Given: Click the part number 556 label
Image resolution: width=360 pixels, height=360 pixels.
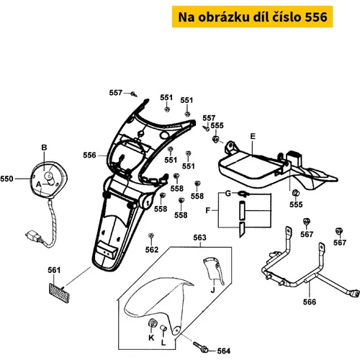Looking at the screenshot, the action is point(89,156).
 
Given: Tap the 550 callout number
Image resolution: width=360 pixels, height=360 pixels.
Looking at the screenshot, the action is point(6,179).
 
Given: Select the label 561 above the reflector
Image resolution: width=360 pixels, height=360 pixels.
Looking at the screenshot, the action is point(54,270).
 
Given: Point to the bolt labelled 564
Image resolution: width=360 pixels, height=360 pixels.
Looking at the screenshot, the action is point(201,347).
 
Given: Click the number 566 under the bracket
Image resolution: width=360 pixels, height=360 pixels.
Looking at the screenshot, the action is point(310,302).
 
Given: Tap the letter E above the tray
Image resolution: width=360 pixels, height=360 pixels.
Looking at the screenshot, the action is point(253,136).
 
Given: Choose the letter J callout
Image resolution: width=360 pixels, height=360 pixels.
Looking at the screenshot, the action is point(213,290).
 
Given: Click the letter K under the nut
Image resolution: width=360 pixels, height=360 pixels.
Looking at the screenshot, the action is point(151,338).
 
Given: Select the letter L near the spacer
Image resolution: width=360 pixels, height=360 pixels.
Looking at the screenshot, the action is point(163,343).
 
